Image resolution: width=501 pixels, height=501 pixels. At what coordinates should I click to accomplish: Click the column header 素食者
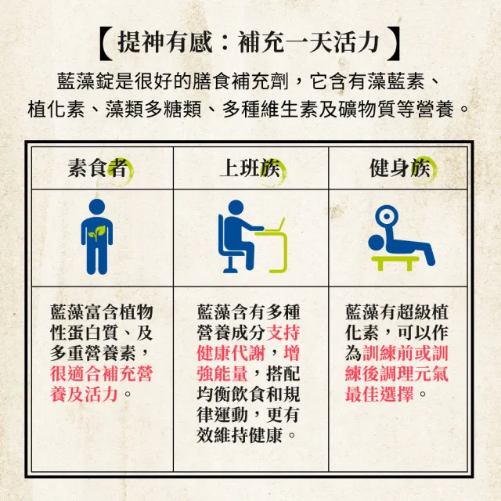pos(97,168)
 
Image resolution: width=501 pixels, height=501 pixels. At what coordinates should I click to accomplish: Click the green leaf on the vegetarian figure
pos(96,233)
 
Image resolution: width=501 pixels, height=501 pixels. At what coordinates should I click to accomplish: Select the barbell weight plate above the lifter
pos(387,216)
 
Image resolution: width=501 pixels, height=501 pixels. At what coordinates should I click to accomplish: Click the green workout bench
pos(395,263)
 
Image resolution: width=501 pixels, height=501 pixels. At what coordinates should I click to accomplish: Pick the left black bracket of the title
pos(106,44)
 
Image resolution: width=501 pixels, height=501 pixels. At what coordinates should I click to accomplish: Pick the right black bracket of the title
pos(394,44)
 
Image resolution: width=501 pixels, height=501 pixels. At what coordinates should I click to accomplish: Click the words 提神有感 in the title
pos(165,43)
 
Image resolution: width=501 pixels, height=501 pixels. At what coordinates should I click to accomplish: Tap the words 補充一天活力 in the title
pos(308,43)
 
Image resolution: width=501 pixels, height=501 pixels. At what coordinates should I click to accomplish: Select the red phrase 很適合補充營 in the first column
pos(102,373)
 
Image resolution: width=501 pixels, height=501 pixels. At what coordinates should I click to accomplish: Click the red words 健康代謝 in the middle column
pos(231,353)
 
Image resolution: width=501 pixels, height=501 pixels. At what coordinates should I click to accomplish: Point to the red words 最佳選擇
pos(379,394)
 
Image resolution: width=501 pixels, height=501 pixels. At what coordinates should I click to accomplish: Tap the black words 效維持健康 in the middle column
pos(240,435)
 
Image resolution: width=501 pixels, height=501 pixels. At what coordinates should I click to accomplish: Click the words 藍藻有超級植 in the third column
pos(397,312)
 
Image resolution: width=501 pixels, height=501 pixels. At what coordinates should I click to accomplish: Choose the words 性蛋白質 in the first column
pos(85,333)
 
